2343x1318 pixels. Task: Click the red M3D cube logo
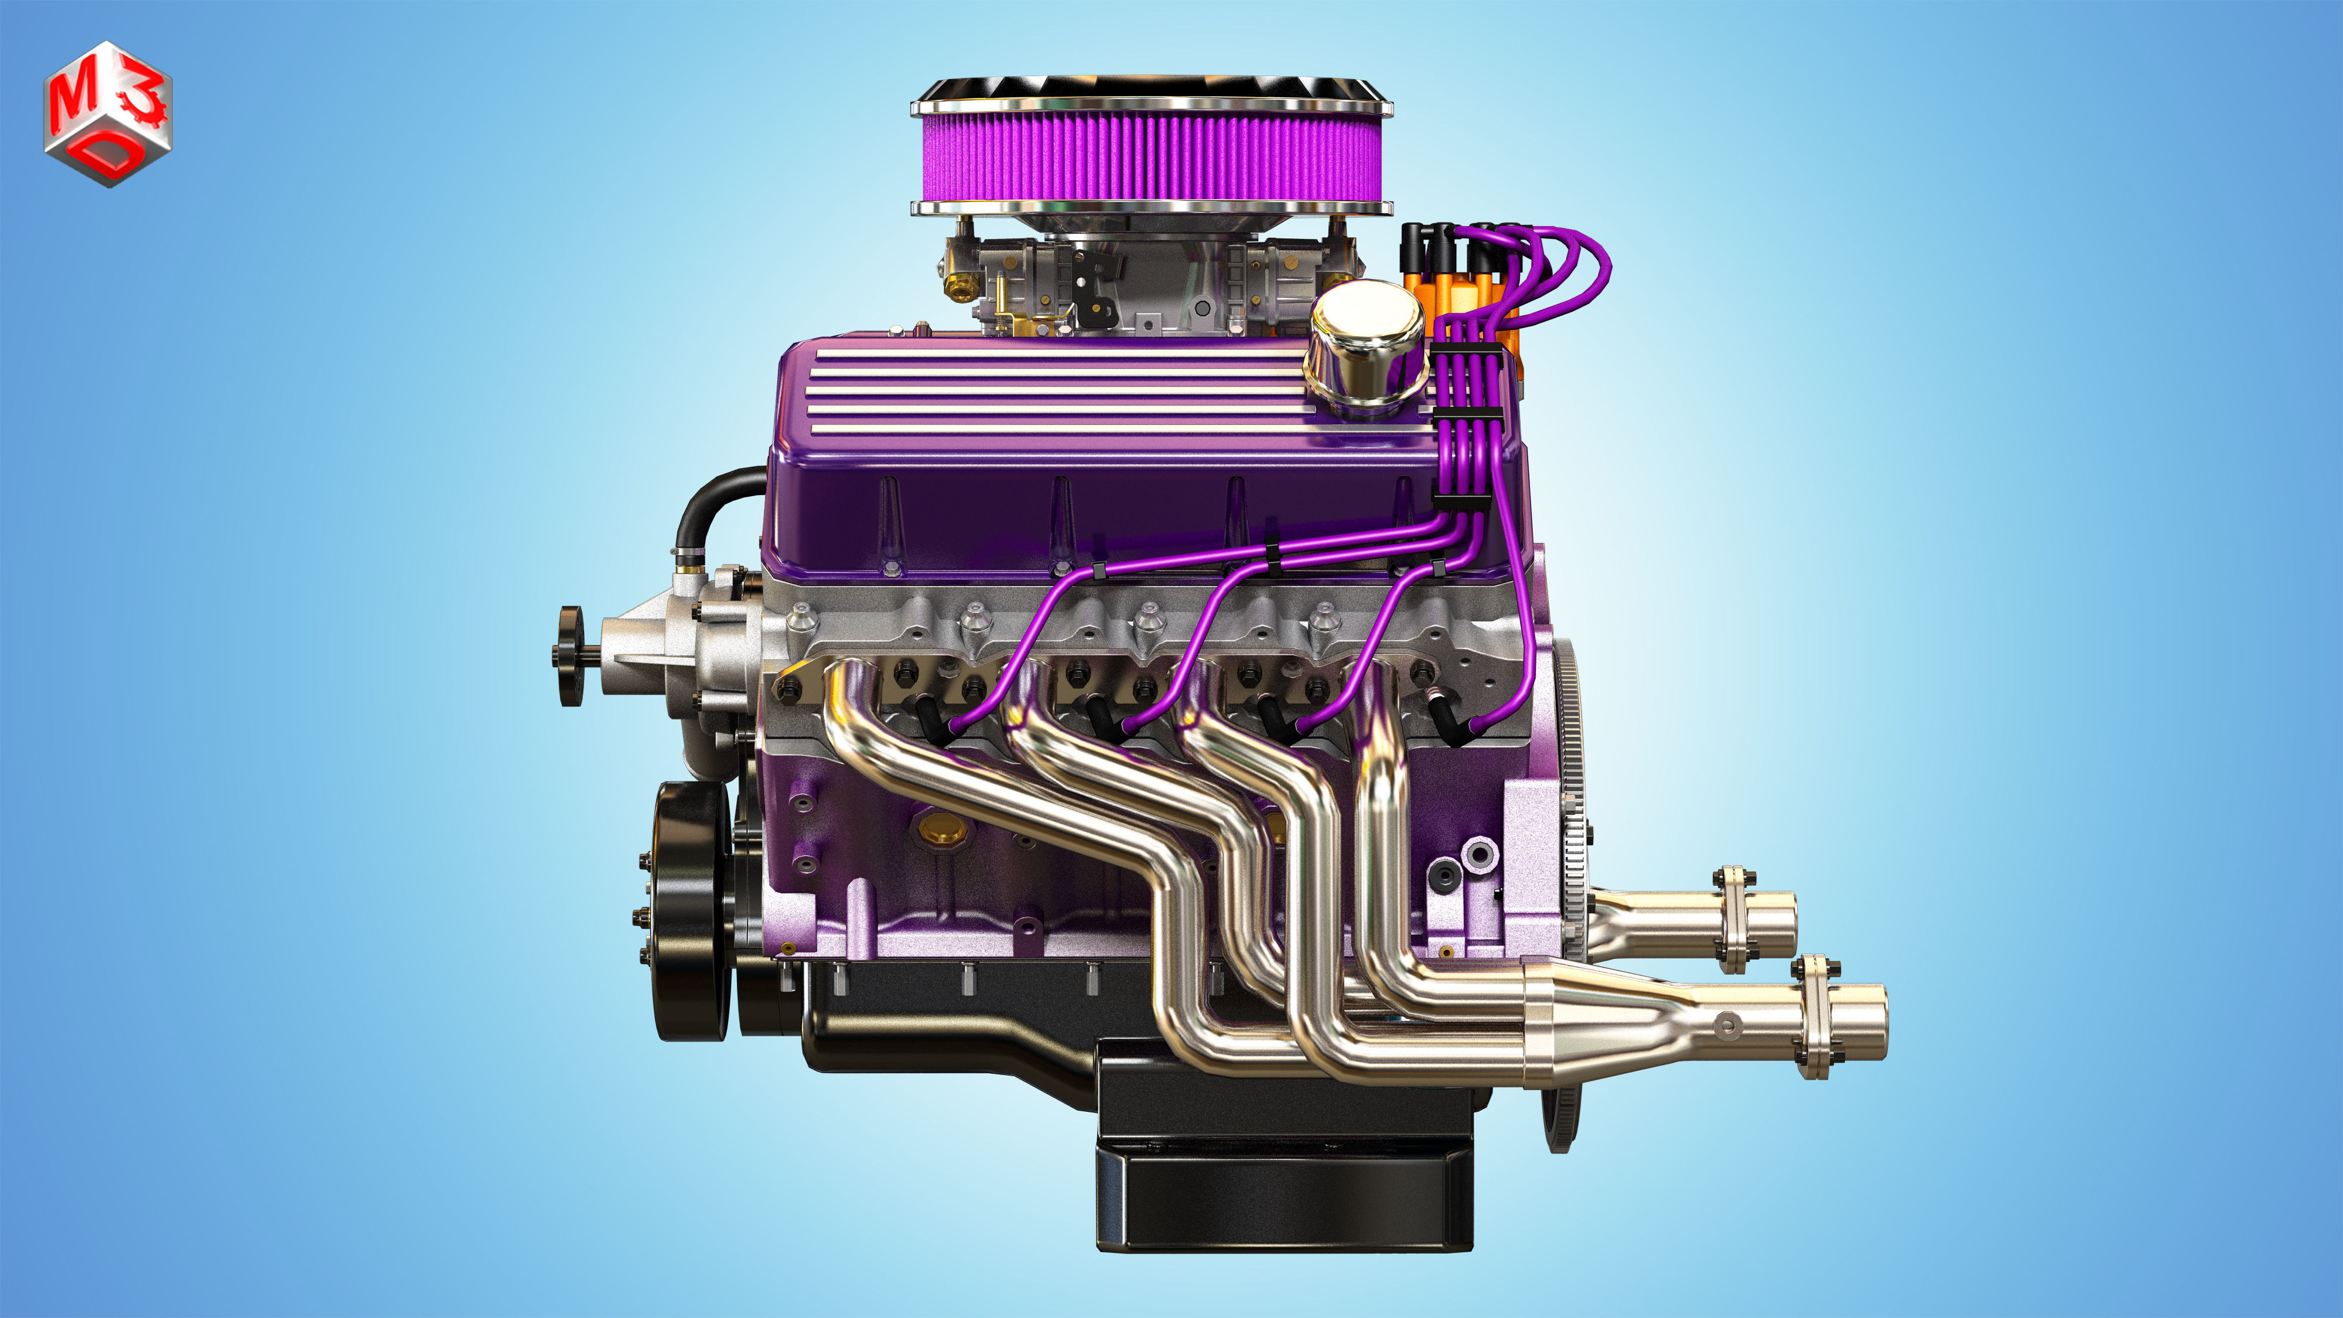pyautogui.click(x=107, y=113)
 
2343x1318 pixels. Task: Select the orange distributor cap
pyautogui.click(x=1464, y=300)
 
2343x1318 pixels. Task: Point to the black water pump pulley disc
pyautogui.click(x=571, y=655)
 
